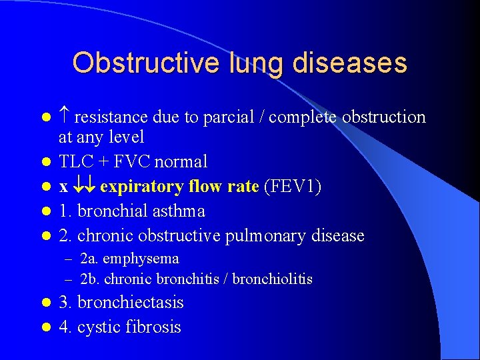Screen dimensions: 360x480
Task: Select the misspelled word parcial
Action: click(226, 117)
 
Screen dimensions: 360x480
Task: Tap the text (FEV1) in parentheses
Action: click(293, 187)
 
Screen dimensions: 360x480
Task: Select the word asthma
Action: click(178, 211)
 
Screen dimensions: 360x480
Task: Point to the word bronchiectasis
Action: click(131, 303)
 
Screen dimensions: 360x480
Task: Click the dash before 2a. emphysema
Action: click(68, 259)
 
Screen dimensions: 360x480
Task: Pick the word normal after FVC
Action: click(181, 161)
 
